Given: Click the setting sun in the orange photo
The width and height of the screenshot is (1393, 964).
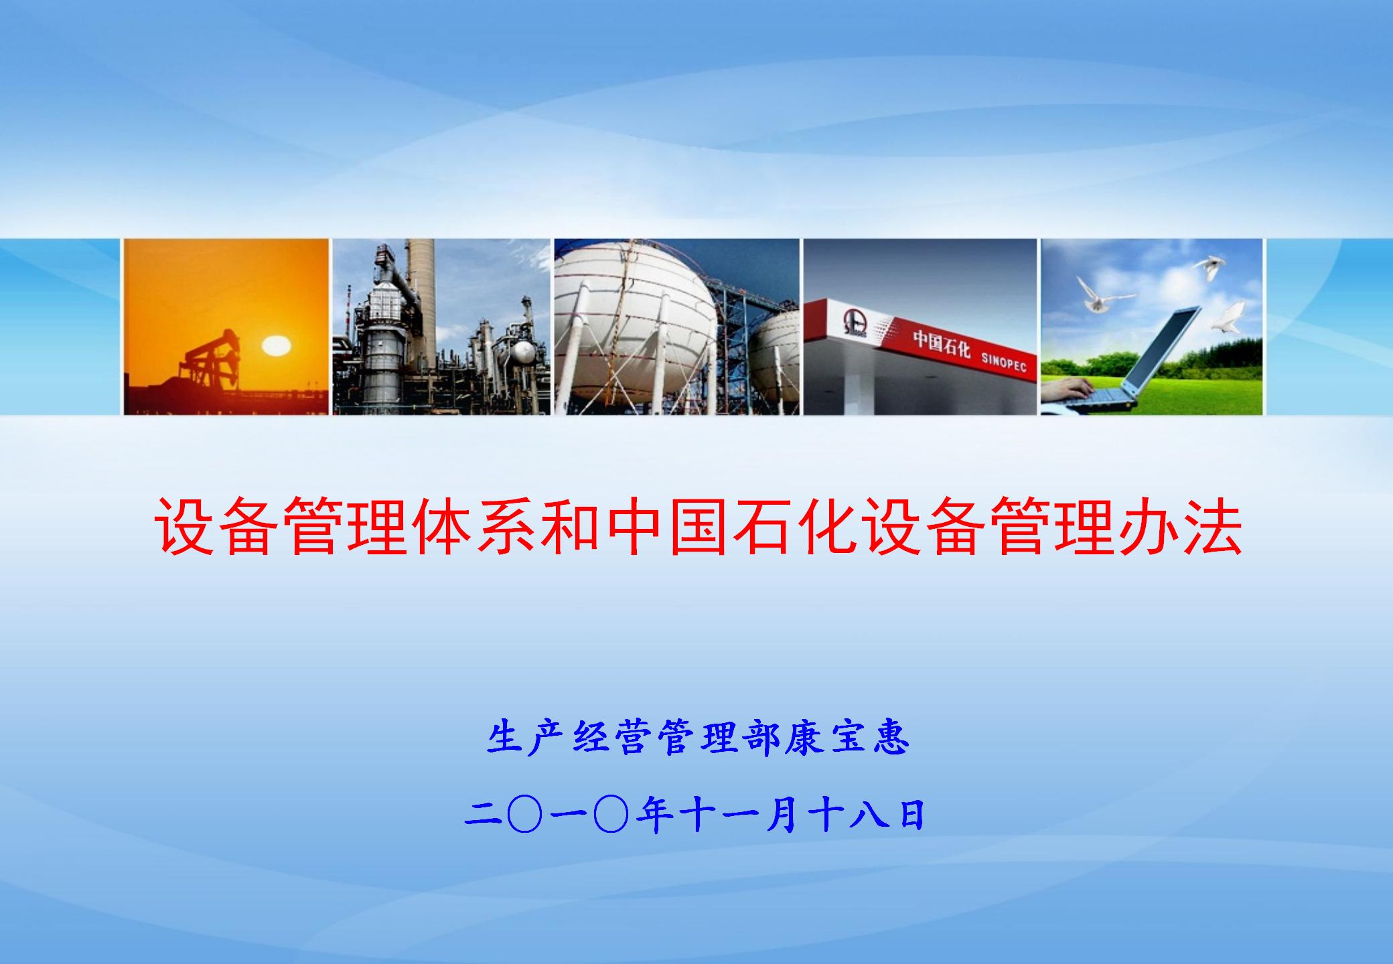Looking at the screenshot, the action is (275, 346).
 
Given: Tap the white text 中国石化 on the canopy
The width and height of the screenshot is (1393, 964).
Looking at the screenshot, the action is (941, 343).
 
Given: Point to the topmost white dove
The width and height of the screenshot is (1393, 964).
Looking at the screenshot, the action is (1209, 266).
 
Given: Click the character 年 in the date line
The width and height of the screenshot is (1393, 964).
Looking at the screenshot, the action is (654, 815).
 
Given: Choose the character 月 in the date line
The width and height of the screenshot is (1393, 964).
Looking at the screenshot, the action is (783, 815).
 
